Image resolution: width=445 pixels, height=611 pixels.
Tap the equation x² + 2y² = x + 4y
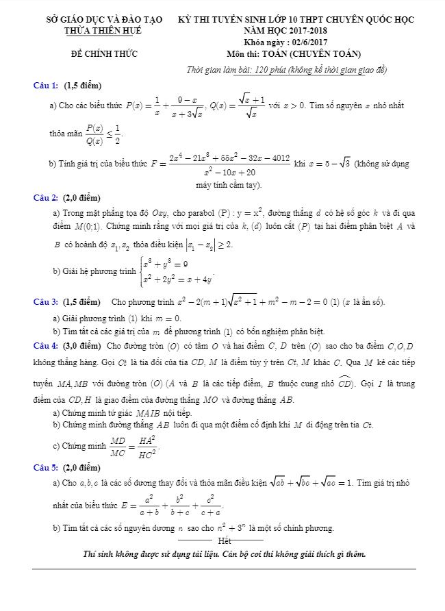pyautogui.click(x=177, y=278)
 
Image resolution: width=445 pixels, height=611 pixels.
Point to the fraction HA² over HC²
pyautogui.click(x=147, y=446)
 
